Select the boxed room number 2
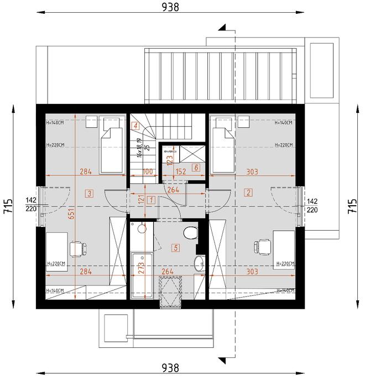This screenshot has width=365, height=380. [x=249, y=192]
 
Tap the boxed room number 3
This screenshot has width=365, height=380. [x=90, y=192]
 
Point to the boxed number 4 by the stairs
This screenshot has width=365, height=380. [x=135, y=126]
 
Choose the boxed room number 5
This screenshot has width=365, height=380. [x=176, y=248]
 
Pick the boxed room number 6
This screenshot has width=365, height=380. [x=195, y=167]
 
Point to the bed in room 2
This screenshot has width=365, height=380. [x=223, y=141]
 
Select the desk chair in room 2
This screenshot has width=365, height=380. [x=260, y=246]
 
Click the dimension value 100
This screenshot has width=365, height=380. [x=147, y=171]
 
